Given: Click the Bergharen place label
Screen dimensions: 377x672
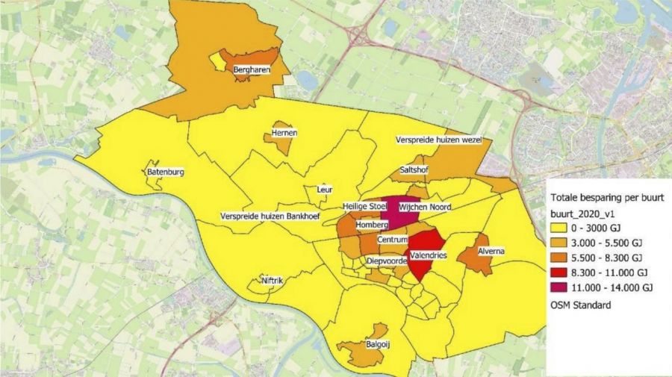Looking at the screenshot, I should (251, 71).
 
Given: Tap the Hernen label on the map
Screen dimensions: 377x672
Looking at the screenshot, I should (284, 133).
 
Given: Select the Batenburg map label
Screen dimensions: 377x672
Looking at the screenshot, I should (166, 172).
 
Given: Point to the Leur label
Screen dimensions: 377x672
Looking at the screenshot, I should (324, 190).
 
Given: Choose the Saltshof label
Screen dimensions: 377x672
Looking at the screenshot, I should (414, 169).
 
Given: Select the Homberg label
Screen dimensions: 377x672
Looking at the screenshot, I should (371, 224).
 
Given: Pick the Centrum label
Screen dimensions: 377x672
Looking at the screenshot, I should (392, 240).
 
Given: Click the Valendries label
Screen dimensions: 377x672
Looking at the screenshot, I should (428, 255).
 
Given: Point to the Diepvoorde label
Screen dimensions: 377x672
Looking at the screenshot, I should (387, 262).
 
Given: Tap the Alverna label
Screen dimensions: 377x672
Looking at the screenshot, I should (492, 252).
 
